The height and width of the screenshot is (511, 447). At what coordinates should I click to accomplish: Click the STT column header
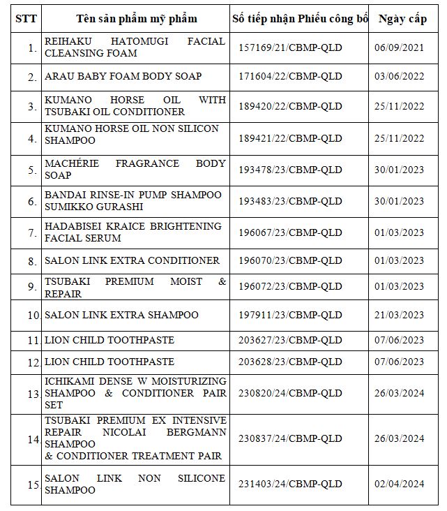[x=25, y=19]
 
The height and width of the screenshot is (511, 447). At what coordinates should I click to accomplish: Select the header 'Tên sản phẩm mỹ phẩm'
[x=137, y=19]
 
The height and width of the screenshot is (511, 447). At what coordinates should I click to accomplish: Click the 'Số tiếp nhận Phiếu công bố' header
[x=300, y=19]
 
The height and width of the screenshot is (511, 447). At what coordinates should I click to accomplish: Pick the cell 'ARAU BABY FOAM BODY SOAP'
[x=123, y=75]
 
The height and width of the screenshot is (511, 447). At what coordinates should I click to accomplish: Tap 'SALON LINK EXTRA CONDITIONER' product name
[x=132, y=260]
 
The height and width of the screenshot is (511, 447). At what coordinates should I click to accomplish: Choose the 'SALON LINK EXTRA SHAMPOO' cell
[x=121, y=315]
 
